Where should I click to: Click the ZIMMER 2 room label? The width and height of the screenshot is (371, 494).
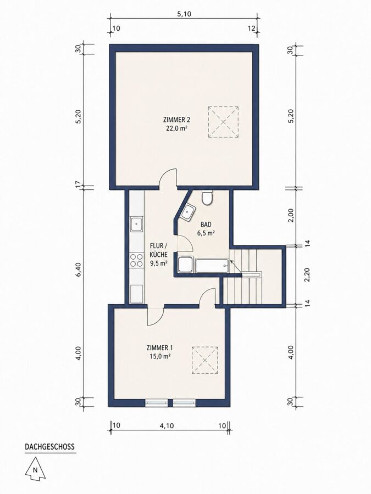[x=176, y=120]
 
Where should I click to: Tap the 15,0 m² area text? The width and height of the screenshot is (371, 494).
[x=159, y=356]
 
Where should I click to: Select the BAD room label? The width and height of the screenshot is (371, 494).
[x=206, y=224]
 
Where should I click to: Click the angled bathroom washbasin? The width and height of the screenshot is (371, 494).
[x=187, y=212]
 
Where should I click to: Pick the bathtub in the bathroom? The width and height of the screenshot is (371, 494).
[x=212, y=266]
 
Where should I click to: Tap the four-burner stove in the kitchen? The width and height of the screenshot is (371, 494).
[x=137, y=261]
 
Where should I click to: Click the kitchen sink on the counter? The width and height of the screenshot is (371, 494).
[x=137, y=224]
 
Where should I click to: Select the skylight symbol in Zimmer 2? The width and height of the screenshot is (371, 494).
[x=223, y=122]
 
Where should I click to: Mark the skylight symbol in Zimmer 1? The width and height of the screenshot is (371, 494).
[x=205, y=361]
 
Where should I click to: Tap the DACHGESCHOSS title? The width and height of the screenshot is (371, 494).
[x=50, y=447]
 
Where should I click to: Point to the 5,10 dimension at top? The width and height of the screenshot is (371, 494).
[x=185, y=14]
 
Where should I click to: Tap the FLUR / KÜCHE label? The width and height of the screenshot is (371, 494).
[x=159, y=255]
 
